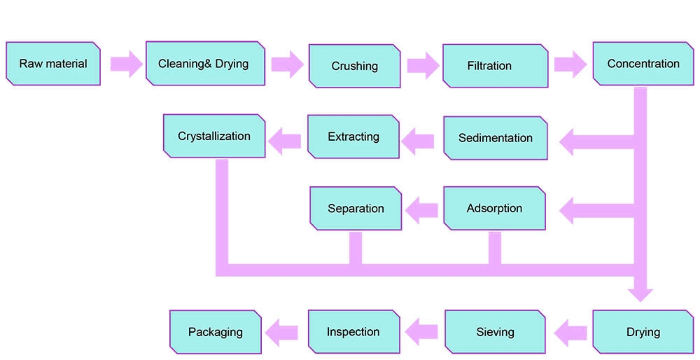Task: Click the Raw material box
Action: (x=52, y=64)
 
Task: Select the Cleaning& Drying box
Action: (x=204, y=64)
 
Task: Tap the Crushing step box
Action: (x=354, y=67)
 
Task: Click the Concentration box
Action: (x=643, y=64)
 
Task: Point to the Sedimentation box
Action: (x=495, y=138)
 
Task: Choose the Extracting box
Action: (x=353, y=137)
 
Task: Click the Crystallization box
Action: (x=214, y=136)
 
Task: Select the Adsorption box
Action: (x=494, y=209)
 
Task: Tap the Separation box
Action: (x=356, y=209)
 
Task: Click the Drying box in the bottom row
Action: (x=643, y=331)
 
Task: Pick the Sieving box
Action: (x=495, y=331)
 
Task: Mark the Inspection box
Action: (x=353, y=331)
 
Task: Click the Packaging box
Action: (x=216, y=331)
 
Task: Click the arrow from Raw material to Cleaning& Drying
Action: (x=125, y=64)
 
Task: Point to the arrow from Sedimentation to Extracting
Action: (x=419, y=141)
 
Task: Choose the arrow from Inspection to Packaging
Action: (x=283, y=331)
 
